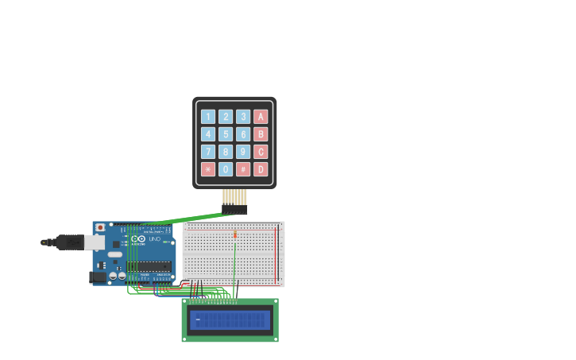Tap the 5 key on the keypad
pyautogui.click(x=226, y=134)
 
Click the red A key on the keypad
pyautogui.click(x=261, y=117)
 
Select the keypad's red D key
pyautogui.click(x=261, y=169)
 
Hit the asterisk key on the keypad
pyautogui.click(x=208, y=169)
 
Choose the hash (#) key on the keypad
pyautogui.click(x=243, y=169)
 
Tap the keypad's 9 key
pyautogui.click(x=243, y=152)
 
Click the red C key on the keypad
pyautogui.click(x=261, y=152)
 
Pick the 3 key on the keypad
pyautogui.click(x=243, y=117)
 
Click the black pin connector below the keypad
pyautogui.click(x=234, y=210)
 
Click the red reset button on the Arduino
pyautogui.click(x=100, y=227)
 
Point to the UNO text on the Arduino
pyautogui.click(x=154, y=238)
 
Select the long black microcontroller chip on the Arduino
pyautogui.click(x=151, y=265)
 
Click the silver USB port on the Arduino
pyautogui.click(x=95, y=242)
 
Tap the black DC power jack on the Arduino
pyautogui.click(x=99, y=277)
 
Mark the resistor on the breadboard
pyautogui.click(x=235, y=234)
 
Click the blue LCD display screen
pyautogui.click(x=230, y=320)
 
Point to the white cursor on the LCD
pyautogui.click(x=198, y=319)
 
